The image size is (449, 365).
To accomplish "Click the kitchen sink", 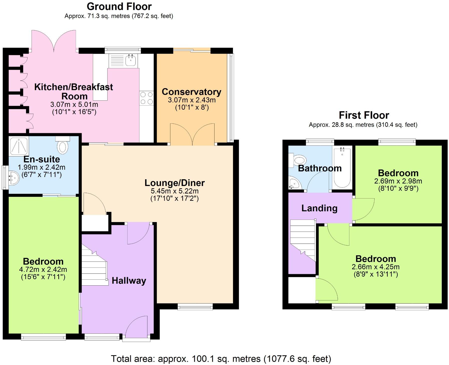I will pos(130,60).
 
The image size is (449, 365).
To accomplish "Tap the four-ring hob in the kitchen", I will pos(147,98).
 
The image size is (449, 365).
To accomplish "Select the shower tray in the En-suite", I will pos(19,146).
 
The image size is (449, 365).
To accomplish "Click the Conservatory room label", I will pos(191,92).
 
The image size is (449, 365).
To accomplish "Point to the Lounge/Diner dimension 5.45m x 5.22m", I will pos(174,191).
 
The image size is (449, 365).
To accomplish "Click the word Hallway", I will pos(129,281).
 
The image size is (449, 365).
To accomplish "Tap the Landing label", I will pos(319,208).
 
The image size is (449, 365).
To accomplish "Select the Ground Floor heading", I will pos(119,6).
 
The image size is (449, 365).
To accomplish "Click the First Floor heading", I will pos(364,115).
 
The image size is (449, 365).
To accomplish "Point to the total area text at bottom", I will pos(221,359).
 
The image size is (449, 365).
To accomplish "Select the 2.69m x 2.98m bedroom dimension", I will pos(398,181).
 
